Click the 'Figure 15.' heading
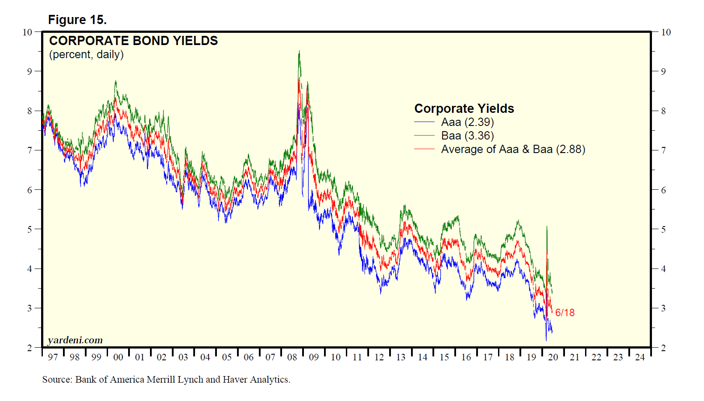pos(77,20)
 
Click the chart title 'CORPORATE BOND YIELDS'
pos(133,41)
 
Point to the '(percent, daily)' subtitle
pos(86,55)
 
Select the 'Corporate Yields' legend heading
pos(464,108)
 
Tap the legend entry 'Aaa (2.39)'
pos(467,122)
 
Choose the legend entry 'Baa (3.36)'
pos(467,136)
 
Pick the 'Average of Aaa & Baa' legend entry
pos(513,149)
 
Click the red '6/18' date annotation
pos(565,313)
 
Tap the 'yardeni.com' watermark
pos(75,340)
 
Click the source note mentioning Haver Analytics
pos(166,380)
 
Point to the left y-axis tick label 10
pos(27,32)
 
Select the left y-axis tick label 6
pos(29,190)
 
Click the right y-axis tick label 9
pos(663,71)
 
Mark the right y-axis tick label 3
pos(663,308)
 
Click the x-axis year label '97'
pos(52,357)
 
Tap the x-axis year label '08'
pos(292,357)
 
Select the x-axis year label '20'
pos(553,357)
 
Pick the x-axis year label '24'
pos(640,357)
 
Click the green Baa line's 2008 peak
pos(299,52)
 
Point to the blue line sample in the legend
pos(424,122)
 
